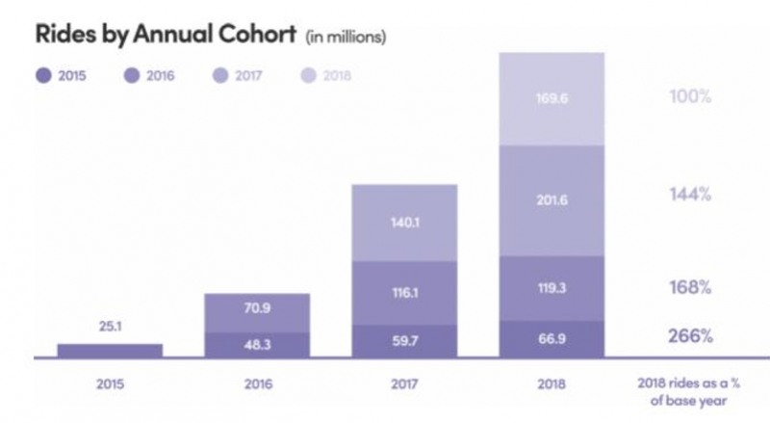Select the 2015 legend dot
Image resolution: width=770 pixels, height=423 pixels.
click(41, 74)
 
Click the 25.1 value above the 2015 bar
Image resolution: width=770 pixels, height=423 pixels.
click(110, 326)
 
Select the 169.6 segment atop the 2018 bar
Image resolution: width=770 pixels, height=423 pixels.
click(551, 97)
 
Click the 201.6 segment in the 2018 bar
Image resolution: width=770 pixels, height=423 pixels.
click(551, 199)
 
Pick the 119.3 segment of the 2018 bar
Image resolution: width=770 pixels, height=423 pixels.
click(551, 287)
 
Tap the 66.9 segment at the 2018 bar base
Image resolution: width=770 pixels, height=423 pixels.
click(551, 338)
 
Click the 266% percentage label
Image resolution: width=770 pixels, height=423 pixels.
click(690, 337)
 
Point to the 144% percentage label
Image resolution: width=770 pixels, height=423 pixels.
click(690, 195)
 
